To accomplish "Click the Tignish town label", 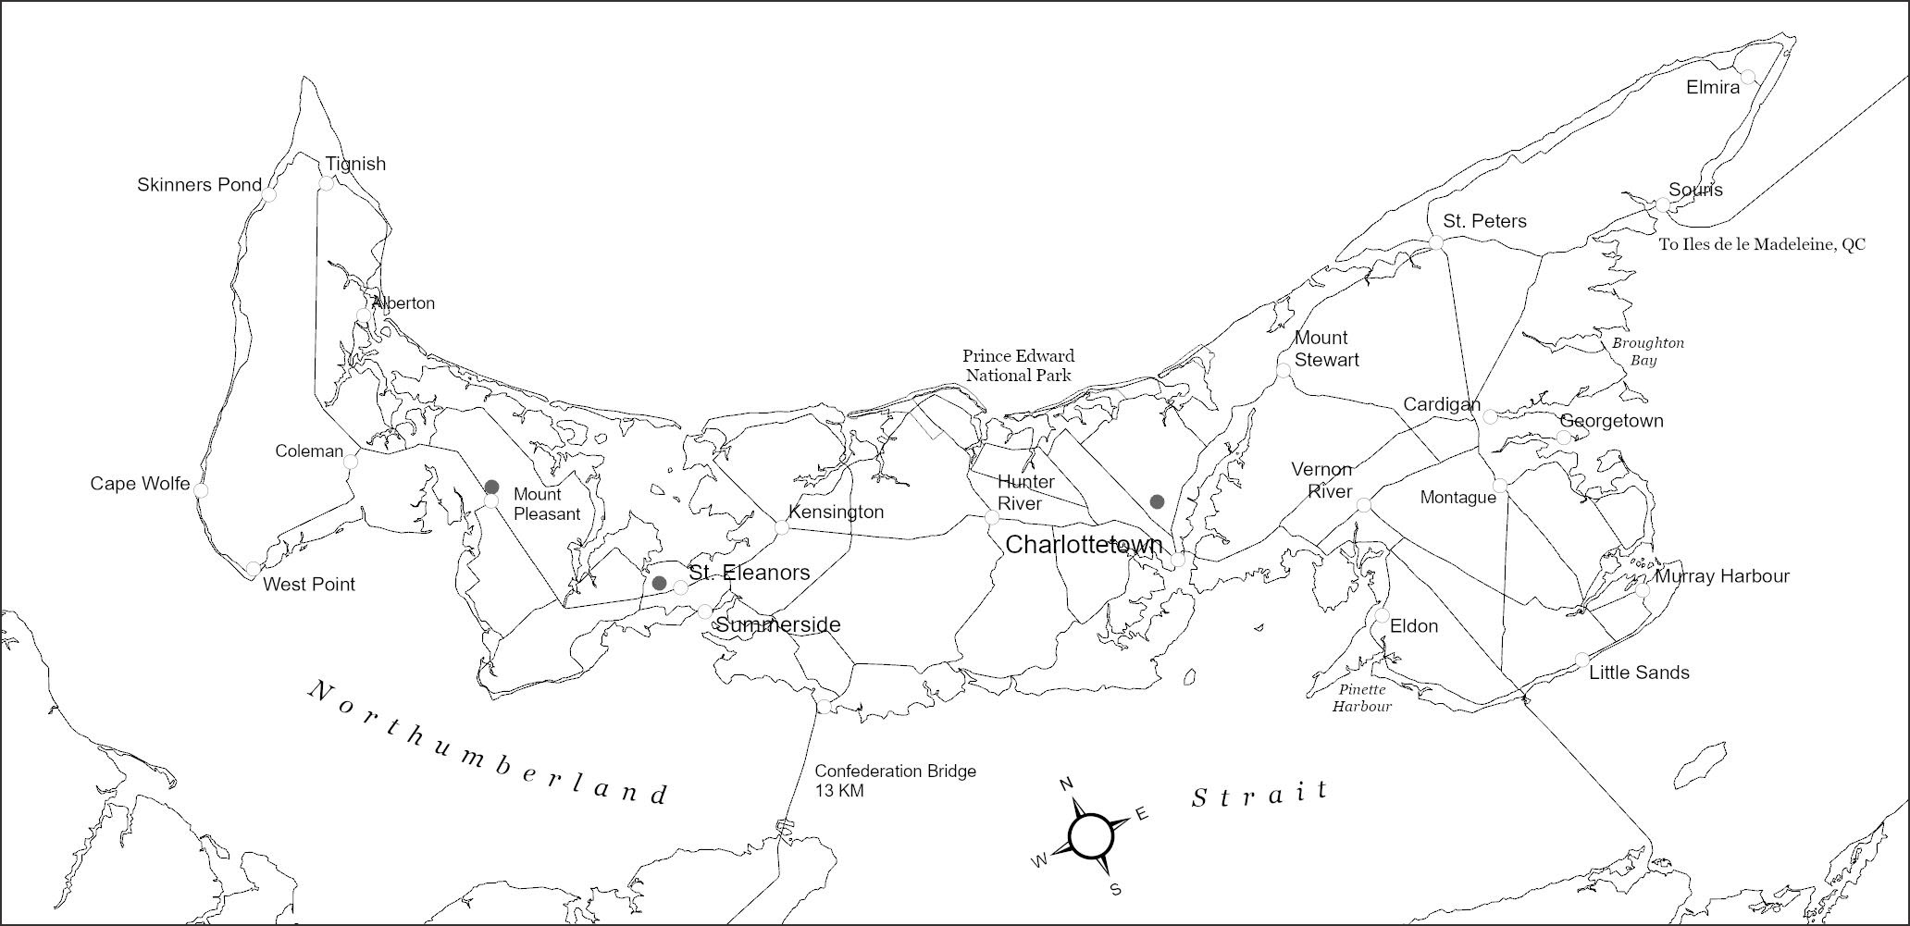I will pyautogui.click(x=355, y=164).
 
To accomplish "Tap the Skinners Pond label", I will pyautogui.click(x=199, y=185).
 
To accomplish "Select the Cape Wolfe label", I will pyautogui.click(x=140, y=484).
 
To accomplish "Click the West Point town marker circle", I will pyautogui.click(x=254, y=568).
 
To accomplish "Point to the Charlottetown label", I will pyautogui.click(x=1084, y=545).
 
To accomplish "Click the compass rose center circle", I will pyautogui.click(x=1090, y=835).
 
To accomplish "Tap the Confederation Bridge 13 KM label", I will pyautogui.click(x=895, y=781).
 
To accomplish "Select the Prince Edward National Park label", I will pyautogui.click(x=1018, y=365).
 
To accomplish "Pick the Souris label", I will pyautogui.click(x=1695, y=190).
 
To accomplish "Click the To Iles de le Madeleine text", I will pyautogui.click(x=1762, y=245).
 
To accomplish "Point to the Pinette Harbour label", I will pyautogui.click(x=1362, y=698).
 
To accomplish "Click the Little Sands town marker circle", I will pyautogui.click(x=1581, y=660).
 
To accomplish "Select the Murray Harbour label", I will pyautogui.click(x=1722, y=576).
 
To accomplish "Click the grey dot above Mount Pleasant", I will pyautogui.click(x=492, y=487).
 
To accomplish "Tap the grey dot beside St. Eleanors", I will pyautogui.click(x=659, y=583).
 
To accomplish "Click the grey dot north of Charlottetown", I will pyautogui.click(x=1157, y=501).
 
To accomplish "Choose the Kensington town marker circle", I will pyautogui.click(x=781, y=527).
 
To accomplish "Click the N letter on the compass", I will pyautogui.click(x=1065, y=785).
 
